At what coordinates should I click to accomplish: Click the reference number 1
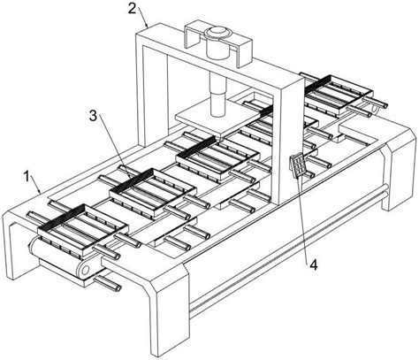[x=27, y=178]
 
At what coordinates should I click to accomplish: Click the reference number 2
[x=132, y=9]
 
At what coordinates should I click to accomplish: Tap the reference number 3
[x=93, y=116]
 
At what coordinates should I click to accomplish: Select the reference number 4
[x=314, y=265]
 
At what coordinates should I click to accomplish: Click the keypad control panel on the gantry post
[x=298, y=165]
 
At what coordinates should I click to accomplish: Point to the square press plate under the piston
[x=218, y=118]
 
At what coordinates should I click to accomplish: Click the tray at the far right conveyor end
[x=339, y=96]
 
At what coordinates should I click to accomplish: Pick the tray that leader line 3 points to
[x=153, y=192]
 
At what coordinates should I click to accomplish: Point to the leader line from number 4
[x=304, y=218]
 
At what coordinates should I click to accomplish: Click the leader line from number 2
[x=142, y=17]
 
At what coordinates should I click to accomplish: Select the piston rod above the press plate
[x=217, y=95]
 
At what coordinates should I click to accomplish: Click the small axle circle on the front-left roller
[x=86, y=270]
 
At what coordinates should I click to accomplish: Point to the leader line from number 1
[x=36, y=185]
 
